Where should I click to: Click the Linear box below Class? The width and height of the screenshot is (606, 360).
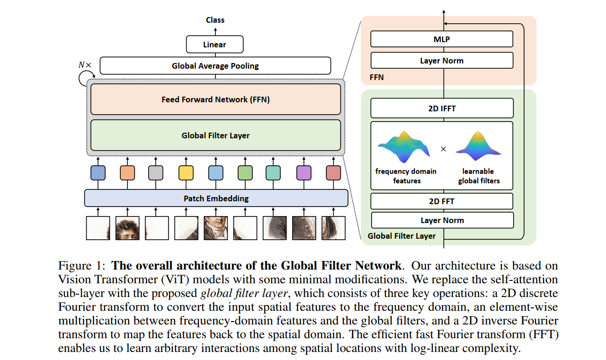tap(214, 45)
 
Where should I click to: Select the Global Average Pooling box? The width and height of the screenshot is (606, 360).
tap(215, 66)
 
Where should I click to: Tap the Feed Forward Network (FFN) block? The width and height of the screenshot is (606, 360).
tap(215, 99)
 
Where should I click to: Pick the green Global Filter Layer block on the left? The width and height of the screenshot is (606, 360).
tap(215, 135)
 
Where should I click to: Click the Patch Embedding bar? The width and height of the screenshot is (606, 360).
tap(216, 198)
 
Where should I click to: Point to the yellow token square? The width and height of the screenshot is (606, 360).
tap(186, 173)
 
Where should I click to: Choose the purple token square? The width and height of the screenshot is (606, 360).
tap(303, 173)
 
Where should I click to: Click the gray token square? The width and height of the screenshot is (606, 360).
tap(156, 173)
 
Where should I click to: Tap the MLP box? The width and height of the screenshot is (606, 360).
tap(442, 39)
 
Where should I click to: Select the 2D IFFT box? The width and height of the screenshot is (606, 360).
tap(442, 108)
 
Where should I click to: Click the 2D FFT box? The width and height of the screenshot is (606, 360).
tap(442, 201)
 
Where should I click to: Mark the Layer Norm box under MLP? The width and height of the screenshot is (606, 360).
tap(442, 61)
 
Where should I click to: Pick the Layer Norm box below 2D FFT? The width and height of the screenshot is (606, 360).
tap(442, 220)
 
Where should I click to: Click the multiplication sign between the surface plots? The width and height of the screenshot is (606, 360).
tap(443, 149)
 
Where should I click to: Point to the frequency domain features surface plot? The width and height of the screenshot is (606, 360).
tap(404, 145)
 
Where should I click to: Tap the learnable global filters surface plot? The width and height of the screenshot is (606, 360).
tap(478, 144)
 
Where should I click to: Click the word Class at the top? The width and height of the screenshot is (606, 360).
tap(215, 20)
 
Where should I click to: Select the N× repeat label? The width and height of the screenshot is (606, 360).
tap(85, 65)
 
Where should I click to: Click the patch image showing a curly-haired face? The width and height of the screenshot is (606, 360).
tap(127, 228)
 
